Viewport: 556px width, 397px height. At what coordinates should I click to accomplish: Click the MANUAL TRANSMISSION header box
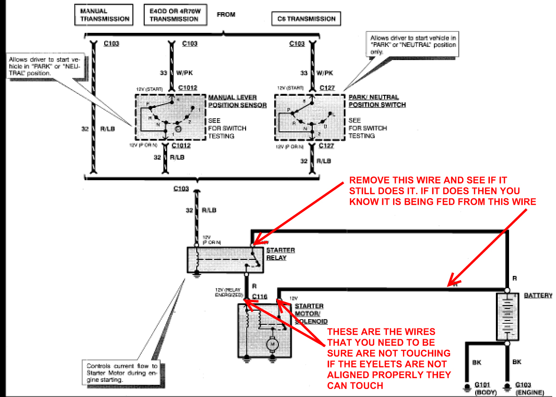(102, 15)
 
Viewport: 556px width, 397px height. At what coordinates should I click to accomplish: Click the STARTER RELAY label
(281, 254)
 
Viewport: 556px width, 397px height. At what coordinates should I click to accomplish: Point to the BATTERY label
(538, 296)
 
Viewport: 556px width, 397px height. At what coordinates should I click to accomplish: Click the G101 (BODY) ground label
(484, 387)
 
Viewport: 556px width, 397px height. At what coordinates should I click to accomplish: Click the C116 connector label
(259, 297)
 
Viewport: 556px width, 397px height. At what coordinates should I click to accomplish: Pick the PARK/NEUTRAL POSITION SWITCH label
(377, 101)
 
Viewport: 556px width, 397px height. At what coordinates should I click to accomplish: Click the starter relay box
(225, 260)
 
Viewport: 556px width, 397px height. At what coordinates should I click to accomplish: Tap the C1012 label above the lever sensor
(188, 88)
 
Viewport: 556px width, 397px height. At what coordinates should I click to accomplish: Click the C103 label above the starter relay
(181, 189)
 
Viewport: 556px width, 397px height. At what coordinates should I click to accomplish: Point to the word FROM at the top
(226, 15)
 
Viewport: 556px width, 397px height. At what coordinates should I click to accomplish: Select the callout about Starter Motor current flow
(122, 373)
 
